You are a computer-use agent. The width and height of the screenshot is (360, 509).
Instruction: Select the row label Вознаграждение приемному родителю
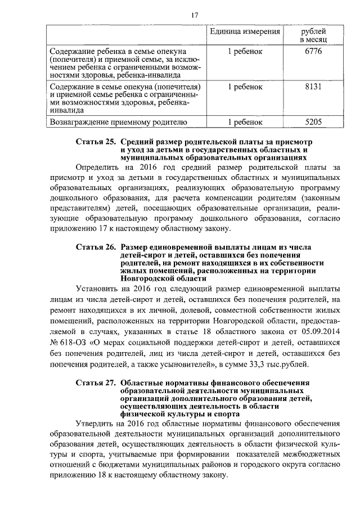pos(115,121)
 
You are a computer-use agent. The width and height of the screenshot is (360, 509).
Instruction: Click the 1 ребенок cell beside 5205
pos(245,121)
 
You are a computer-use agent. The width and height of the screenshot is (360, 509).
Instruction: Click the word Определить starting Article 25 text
pos(98,167)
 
